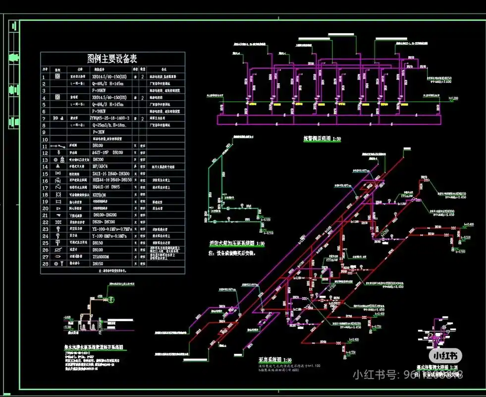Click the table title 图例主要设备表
tap(113, 59)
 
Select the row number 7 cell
tap(44, 119)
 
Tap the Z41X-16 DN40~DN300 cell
tap(112, 174)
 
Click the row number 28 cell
tap(44, 264)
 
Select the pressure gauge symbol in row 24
tap(57, 236)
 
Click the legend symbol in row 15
tap(57, 174)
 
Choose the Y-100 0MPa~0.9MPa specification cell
tap(111, 236)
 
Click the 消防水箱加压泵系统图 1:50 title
tap(237, 244)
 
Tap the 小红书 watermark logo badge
tap(445, 355)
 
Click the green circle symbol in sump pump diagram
tap(112, 299)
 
